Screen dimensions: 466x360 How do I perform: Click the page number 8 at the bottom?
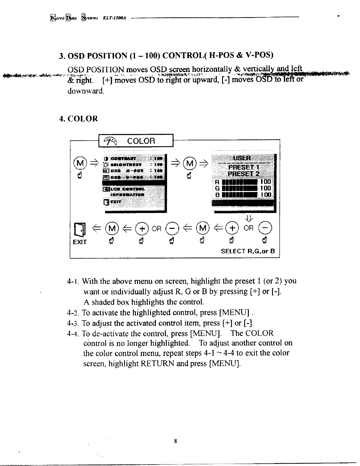click(175, 441)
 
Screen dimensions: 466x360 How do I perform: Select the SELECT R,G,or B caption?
click(248, 251)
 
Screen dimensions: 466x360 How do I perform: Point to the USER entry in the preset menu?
click(242, 158)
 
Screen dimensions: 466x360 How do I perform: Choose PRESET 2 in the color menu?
click(242, 174)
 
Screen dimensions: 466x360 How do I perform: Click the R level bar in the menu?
click(240, 182)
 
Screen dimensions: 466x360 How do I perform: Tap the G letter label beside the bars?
click(217, 188)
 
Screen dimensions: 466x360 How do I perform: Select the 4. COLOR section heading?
click(78, 119)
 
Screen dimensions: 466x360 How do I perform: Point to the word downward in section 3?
click(86, 91)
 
